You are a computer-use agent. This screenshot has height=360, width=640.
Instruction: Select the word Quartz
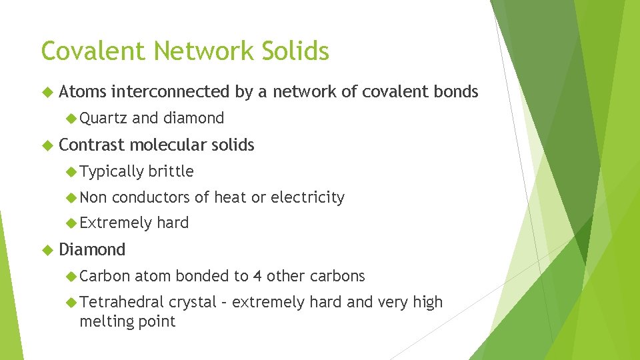coord(103,118)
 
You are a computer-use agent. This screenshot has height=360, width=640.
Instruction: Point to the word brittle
coord(171,171)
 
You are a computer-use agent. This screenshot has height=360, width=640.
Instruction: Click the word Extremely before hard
coord(115,223)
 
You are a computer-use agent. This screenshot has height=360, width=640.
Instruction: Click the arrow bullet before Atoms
coord(46,92)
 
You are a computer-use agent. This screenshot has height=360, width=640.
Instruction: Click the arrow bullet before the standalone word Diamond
coord(46,250)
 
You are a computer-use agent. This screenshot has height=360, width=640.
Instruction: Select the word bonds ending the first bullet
coord(456,91)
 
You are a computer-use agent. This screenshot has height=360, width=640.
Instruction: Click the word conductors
coord(150,197)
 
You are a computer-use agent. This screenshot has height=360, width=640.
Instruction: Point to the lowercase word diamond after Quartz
coord(193,118)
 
